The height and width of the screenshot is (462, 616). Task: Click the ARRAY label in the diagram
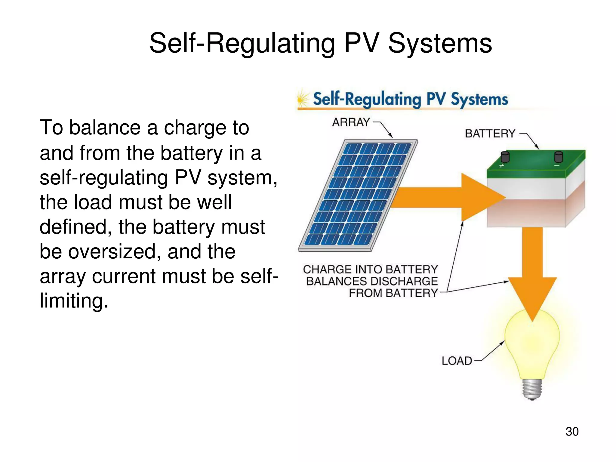click(351, 122)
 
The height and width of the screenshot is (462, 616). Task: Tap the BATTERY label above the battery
click(490, 134)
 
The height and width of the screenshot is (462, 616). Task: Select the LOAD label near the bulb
click(457, 361)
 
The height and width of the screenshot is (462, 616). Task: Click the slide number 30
click(572, 432)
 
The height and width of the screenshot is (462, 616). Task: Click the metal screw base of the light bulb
click(532, 390)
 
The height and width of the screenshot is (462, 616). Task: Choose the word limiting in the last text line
click(74, 301)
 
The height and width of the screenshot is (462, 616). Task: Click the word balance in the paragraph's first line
click(105, 128)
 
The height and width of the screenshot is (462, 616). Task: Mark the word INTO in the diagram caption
click(368, 269)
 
